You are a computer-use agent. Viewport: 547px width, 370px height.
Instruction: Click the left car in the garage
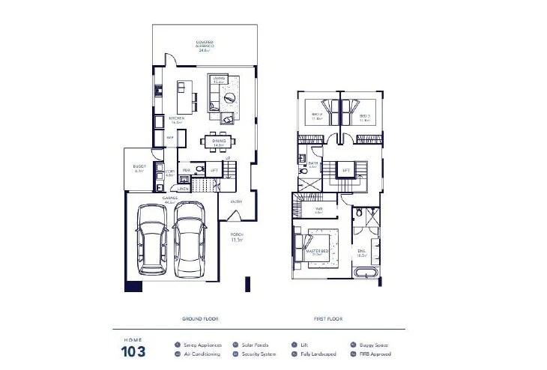pos(153,239)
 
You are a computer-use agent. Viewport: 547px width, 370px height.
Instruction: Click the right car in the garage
pos(189,239)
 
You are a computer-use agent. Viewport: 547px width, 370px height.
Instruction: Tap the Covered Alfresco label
pos(204,45)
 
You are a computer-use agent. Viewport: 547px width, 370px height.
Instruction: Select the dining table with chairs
pos(220,141)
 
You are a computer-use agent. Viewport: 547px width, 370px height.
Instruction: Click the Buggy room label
pos(138,169)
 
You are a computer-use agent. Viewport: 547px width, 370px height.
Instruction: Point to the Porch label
pos(237,237)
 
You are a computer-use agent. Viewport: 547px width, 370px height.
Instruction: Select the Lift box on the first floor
pos(345,171)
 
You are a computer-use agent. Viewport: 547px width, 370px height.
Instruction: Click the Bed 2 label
pos(316,116)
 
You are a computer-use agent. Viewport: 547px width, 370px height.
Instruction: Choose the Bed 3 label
pos(364,116)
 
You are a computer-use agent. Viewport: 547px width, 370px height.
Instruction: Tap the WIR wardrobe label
pos(318,210)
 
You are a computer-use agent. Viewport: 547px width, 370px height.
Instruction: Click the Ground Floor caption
pos(199,319)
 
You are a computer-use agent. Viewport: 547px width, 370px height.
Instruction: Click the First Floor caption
pos(328,319)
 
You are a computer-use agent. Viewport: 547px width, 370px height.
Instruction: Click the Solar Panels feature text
pos(256,345)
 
